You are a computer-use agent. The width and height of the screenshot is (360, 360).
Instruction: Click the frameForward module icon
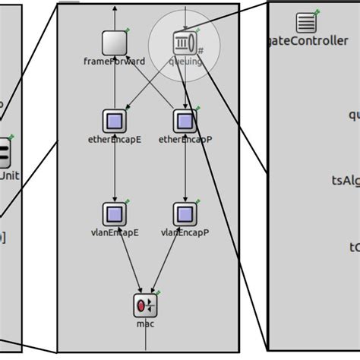(x=114, y=43)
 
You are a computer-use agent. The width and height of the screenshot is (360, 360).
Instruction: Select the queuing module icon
(x=185, y=42)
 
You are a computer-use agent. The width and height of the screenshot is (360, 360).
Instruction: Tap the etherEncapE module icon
(x=114, y=121)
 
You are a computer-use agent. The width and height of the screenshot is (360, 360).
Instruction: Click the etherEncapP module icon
(x=185, y=121)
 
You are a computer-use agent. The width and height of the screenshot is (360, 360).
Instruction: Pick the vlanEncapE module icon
(x=114, y=213)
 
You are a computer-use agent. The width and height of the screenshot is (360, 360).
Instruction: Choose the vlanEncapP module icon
(x=185, y=213)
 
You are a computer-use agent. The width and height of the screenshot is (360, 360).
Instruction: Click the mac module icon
(x=145, y=306)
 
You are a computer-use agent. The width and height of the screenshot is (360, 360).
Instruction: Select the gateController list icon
(x=306, y=24)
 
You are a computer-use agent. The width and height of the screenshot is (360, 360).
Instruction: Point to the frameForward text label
(x=114, y=62)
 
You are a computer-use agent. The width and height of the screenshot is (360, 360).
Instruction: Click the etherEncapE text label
(x=115, y=140)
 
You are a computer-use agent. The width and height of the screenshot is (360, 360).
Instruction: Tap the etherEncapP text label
(x=185, y=140)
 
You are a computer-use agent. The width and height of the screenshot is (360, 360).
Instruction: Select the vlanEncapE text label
(x=115, y=233)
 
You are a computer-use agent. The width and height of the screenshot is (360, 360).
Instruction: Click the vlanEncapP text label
(x=185, y=233)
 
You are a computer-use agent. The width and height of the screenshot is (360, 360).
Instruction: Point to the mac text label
(x=145, y=324)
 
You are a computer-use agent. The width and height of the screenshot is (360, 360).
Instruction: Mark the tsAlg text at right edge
(x=345, y=180)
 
